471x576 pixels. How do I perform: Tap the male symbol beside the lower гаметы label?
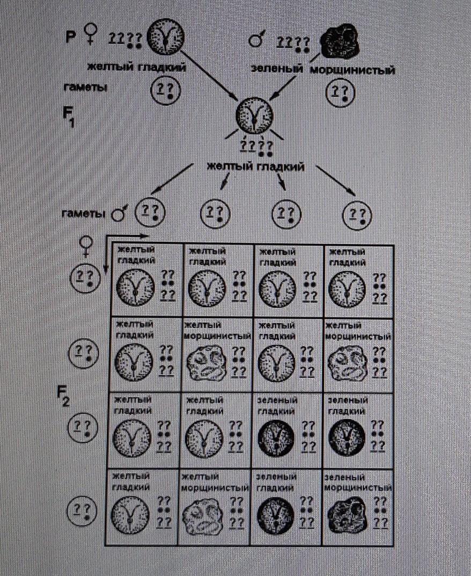tap(117, 215)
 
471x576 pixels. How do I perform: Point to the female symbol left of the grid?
tap(85, 247)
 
